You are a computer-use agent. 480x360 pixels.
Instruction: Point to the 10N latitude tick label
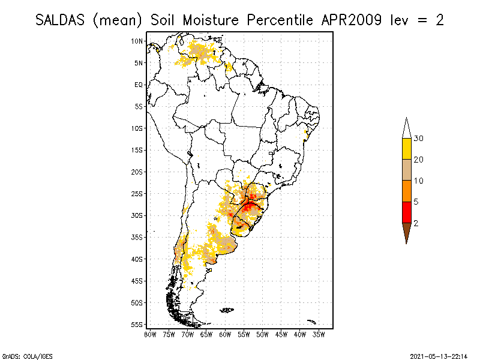137,41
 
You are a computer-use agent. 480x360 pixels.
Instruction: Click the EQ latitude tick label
139,85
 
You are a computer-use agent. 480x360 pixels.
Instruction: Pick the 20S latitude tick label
137,172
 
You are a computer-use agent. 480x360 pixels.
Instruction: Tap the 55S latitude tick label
137,325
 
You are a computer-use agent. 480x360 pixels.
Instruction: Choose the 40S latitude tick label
137,259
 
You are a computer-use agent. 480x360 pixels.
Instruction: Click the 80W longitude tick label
150,334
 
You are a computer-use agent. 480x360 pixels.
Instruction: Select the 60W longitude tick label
226,334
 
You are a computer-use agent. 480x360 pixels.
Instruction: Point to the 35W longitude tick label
319,334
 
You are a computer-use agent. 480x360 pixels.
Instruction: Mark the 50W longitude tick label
262,334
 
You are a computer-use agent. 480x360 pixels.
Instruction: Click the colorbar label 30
419,139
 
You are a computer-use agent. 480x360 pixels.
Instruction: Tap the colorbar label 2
416,223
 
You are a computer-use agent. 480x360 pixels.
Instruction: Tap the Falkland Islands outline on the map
227,310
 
